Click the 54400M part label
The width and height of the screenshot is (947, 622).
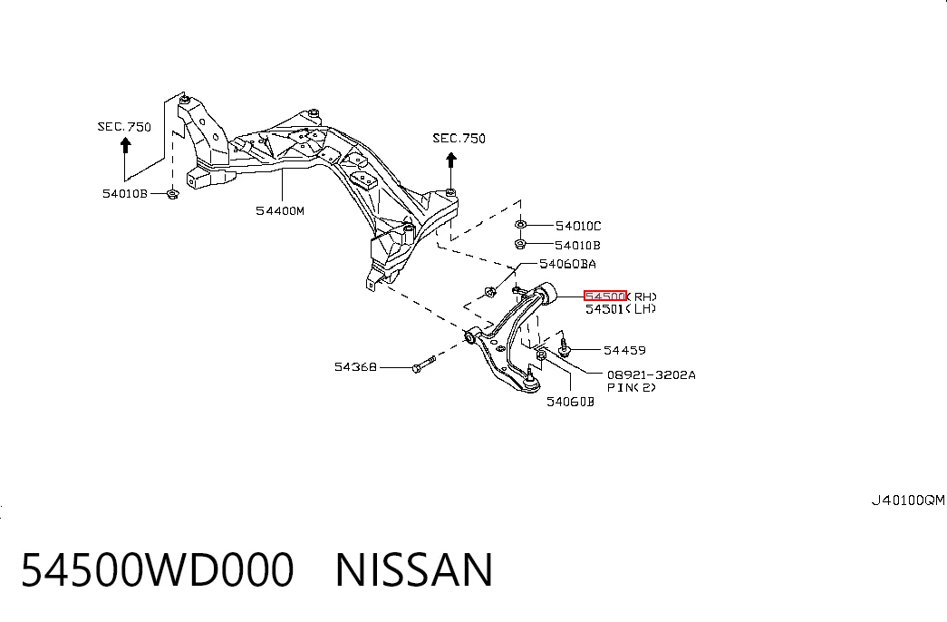[280, 211]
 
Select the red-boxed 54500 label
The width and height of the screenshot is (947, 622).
[605, 296]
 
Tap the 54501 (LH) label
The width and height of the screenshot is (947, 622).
[620, 309]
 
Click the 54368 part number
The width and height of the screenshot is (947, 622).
[355, 367]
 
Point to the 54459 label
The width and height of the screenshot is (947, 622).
[624, 350]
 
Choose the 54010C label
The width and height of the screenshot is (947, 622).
[578, 226]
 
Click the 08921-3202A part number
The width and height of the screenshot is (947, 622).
[651, 374]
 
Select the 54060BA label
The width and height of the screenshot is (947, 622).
[567, 264]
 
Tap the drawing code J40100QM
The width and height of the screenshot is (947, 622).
[908, 501]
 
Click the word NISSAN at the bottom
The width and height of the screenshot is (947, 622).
[414, 570]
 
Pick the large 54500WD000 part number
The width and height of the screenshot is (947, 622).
[157, 570]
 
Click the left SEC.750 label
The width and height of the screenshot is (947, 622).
[124, 127]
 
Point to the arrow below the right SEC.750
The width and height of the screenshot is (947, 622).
[451, 170]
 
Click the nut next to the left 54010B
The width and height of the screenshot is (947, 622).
[172, 194]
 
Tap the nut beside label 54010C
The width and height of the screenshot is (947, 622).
[520, 225]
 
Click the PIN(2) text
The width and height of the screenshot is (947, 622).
[631, 387]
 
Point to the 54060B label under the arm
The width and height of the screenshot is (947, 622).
[570, 402]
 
